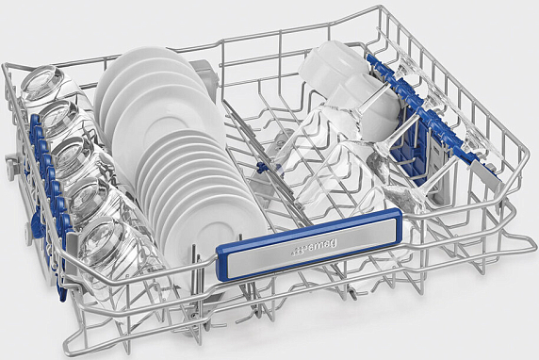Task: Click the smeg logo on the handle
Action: tap(314, 248)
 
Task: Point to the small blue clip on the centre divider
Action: tap(263, 168)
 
